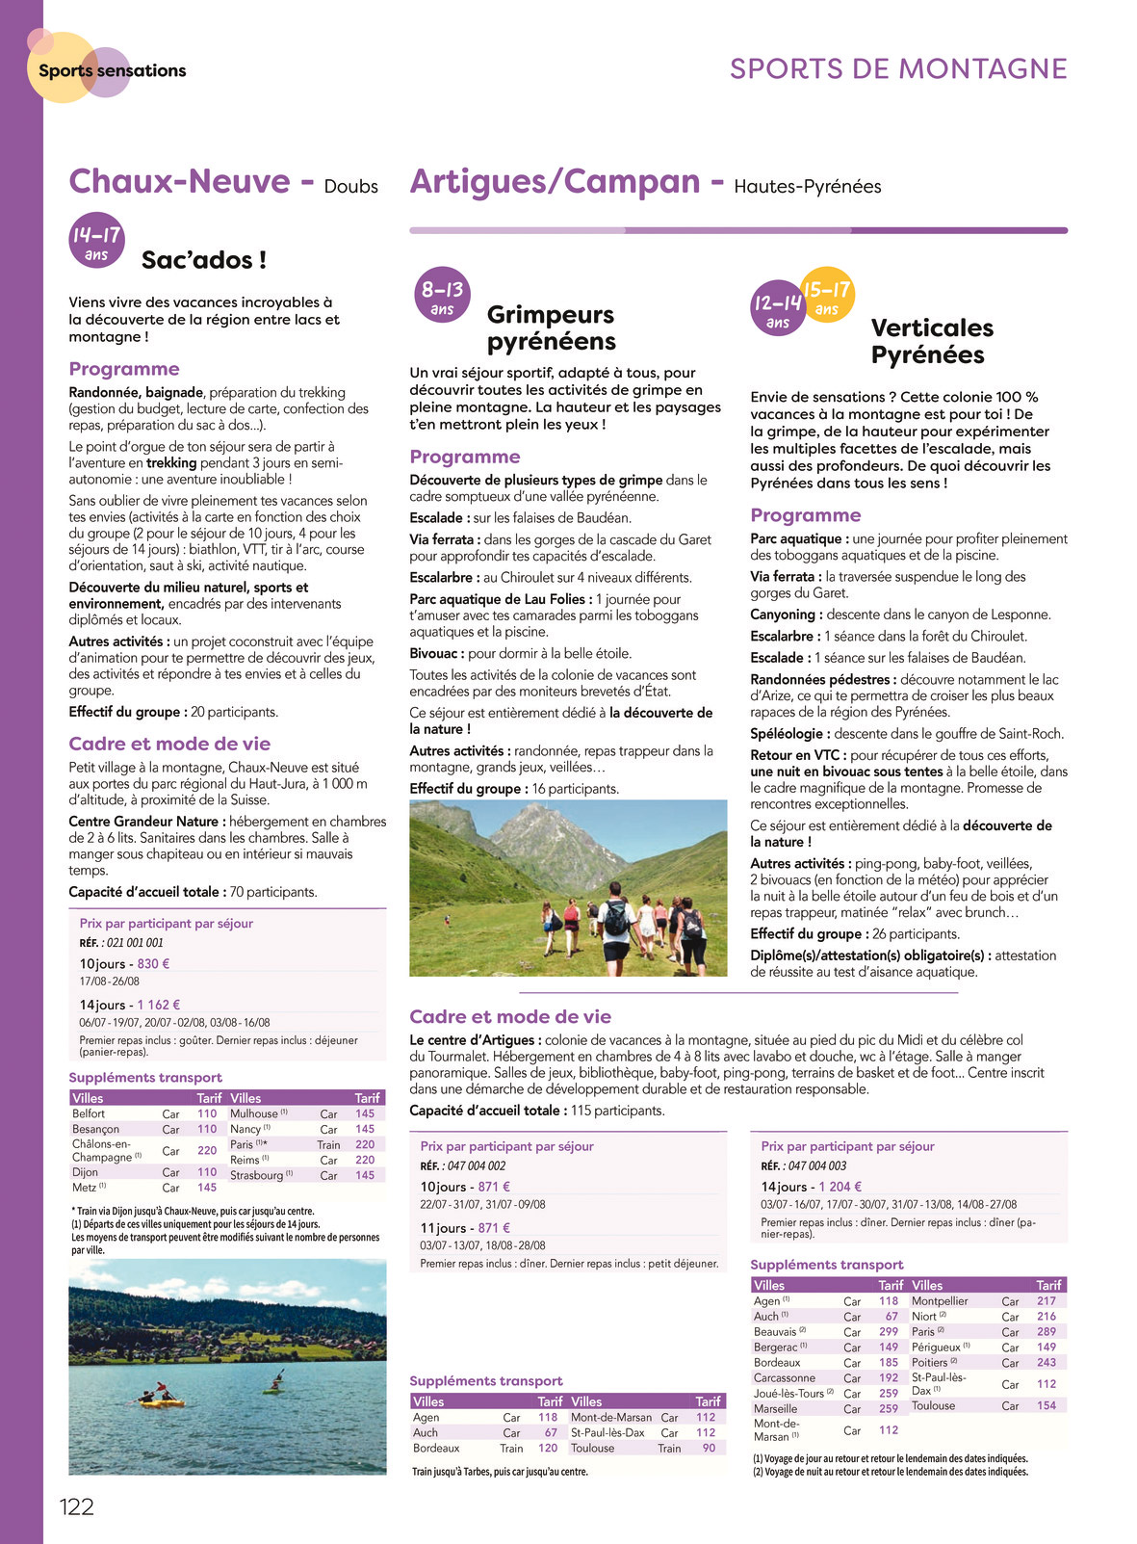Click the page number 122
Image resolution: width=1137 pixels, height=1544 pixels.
click(77, 1506)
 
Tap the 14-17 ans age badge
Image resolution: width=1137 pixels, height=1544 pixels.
click(96, 240)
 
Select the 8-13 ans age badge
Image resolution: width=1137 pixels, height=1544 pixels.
click(442, 295)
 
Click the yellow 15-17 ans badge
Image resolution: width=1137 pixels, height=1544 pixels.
click(827, 295)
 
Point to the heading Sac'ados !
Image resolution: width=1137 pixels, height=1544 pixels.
click(204, 260)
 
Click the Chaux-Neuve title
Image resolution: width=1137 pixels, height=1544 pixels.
click(179, 181)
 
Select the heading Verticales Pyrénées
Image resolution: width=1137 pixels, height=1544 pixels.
click(931, 341)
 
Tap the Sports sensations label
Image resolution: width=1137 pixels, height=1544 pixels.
click(112, 70)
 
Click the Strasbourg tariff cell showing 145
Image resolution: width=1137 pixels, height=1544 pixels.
click(365, 1175)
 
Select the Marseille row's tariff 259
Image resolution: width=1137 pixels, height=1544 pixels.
click(888, 1408)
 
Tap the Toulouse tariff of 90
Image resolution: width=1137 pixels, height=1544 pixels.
click(709, 1448)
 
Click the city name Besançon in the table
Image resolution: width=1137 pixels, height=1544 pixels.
click(96, 1129)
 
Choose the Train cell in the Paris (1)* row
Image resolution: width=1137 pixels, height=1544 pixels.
click(328, 1144)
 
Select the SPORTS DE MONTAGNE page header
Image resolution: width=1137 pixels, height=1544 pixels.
click(897, 69)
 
